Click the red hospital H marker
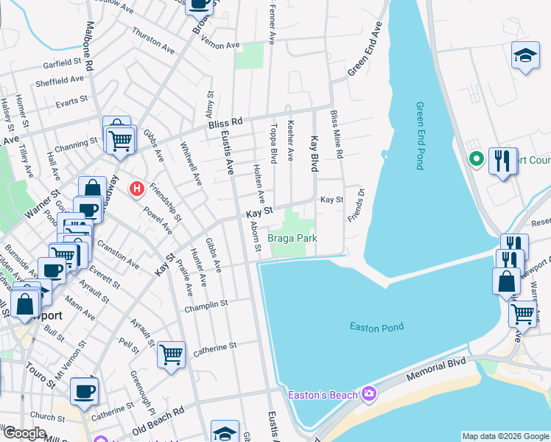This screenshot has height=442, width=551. pyautogui.click(x=136, y=189)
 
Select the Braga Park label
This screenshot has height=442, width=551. pyautogui.click(x=292, y=239)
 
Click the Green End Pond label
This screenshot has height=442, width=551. pyautogui.click(x=420, y=136)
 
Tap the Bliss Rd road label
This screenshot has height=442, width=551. pyautogui.click(x=225, y=122)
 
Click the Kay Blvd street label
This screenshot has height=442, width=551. pyautogui.click(x=315, y=155)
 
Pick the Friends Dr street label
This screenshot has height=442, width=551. pyautogui.click(x=355, y=206)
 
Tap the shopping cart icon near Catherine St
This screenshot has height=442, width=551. pyautogui.click(x=171, y=354)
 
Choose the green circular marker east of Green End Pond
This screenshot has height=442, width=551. pyautogui.click(x=477, y=158)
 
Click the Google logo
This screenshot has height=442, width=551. pyautogui.click(x=24, y=433)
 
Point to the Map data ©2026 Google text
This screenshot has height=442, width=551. pyautogui.click(x=505, y=436)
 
